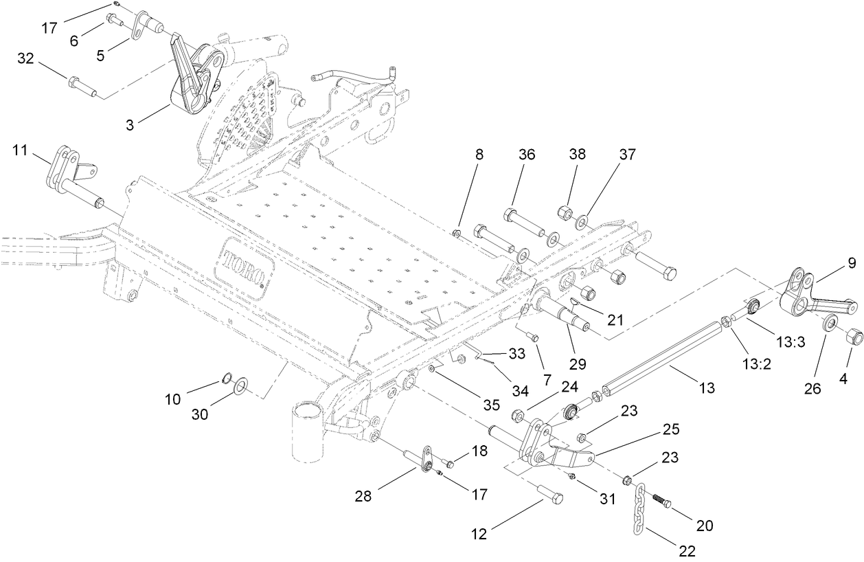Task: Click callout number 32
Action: coord(26,60)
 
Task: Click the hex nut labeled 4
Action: coord(852,337)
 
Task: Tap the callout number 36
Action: coord(527,155)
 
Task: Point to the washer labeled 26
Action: coord(829,322)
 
